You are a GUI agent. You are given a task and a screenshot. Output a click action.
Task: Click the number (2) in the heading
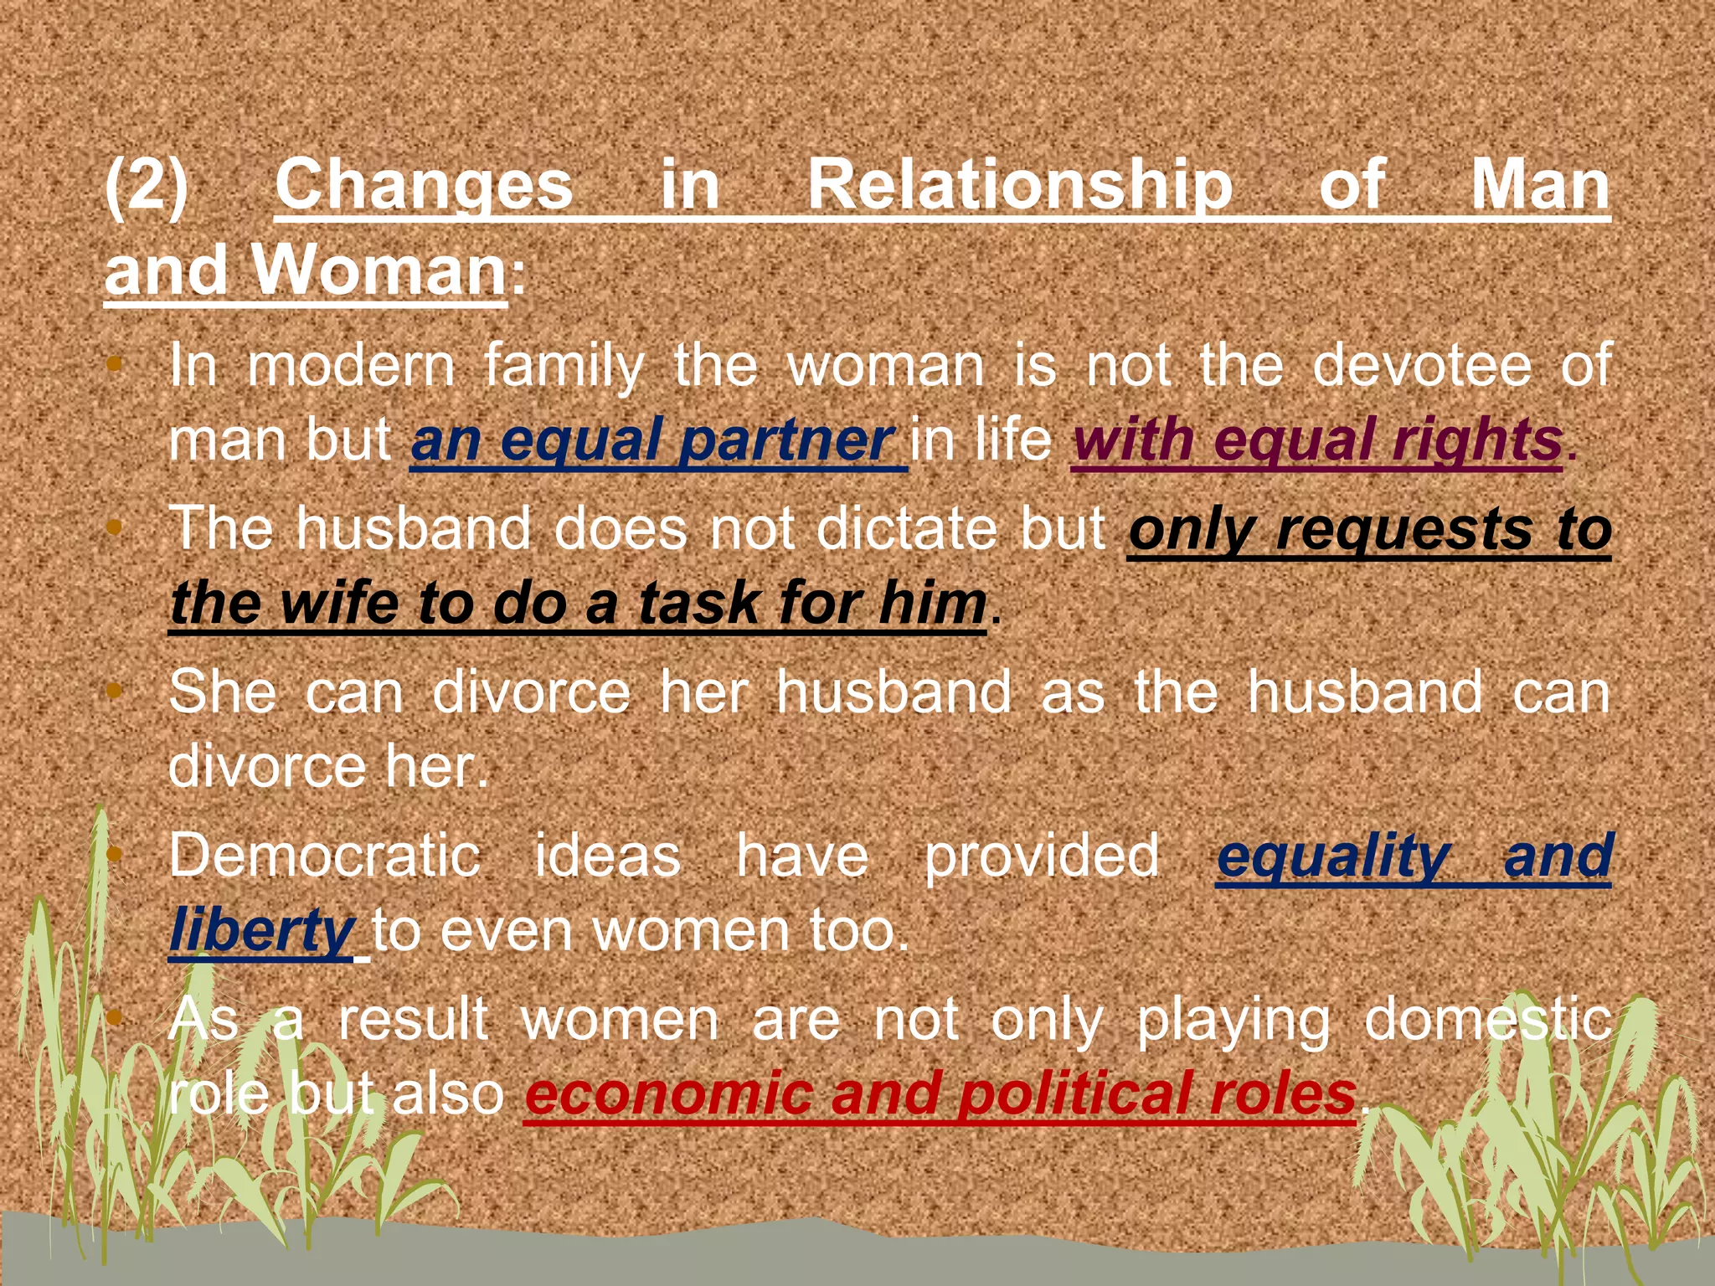tap(147, 185)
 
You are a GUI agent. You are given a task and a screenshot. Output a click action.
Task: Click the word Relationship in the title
tap(1019, 185)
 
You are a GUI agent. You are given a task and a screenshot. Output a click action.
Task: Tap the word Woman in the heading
tap(379, 270)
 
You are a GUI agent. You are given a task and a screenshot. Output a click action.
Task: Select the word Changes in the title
tap(424, 185)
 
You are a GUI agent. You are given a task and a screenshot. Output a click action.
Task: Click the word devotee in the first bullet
tap(1422, 365)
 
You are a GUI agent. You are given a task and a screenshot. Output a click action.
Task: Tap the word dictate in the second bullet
tap(908, 528)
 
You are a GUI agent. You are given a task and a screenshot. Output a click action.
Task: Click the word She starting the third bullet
tap(222, 692)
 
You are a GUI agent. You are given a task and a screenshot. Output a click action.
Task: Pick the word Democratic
tap(324, 856)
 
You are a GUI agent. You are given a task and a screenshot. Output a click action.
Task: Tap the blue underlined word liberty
tap(262, 931)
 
